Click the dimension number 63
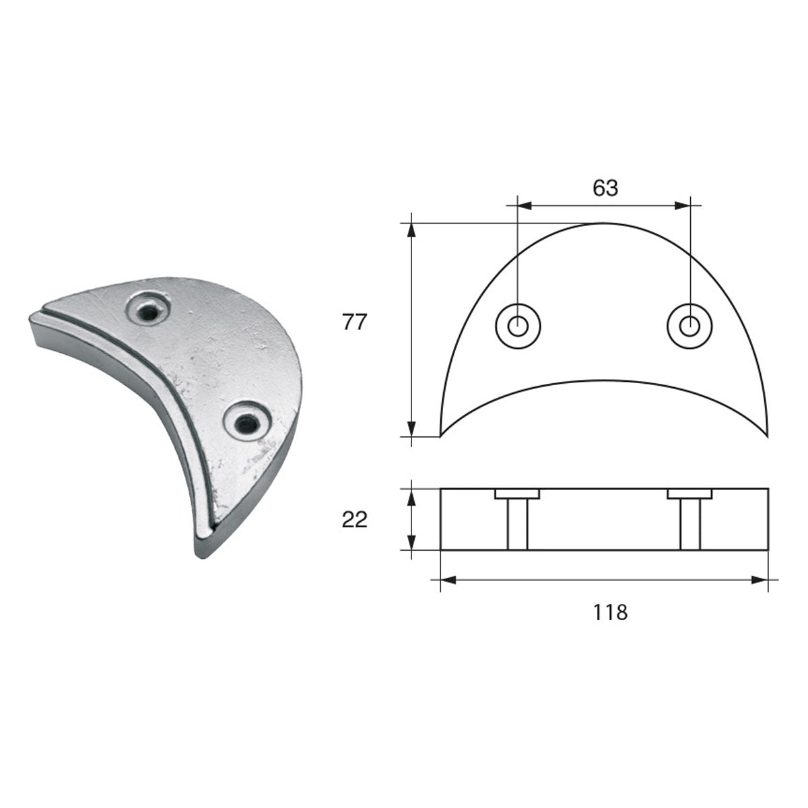[605, 189]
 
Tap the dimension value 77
[353, 323]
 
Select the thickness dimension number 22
[355, 520]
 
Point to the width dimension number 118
[611, 612]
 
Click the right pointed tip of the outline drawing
[767, 434]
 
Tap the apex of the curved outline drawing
[604, 223]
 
